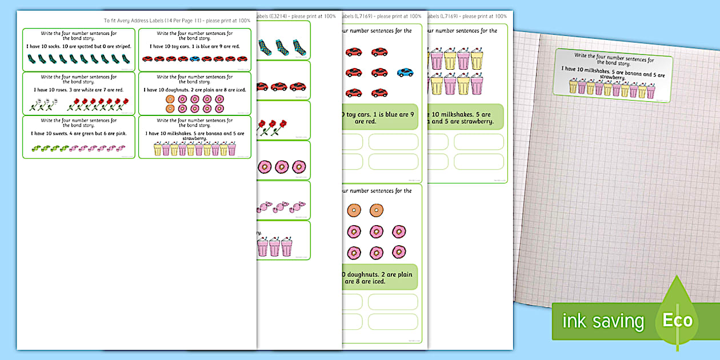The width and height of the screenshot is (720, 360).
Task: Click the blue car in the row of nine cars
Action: pyautogui.click(x=195, y=58)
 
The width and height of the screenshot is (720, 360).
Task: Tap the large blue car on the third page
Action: pyautogui.click(x=405, y=73)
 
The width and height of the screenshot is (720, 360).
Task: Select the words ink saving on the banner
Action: pyautogui.click(x=603, y=321)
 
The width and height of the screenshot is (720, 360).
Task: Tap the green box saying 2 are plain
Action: pyautogui.click(x=378, y=277)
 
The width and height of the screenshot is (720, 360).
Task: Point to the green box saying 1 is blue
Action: pyautogui.click(x=378, y=118)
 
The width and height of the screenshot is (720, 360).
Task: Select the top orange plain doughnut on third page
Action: pyautogui.click(x=354, y=210)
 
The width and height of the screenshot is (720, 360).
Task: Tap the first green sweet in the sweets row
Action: pyautogui.click(x=35, y=148)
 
